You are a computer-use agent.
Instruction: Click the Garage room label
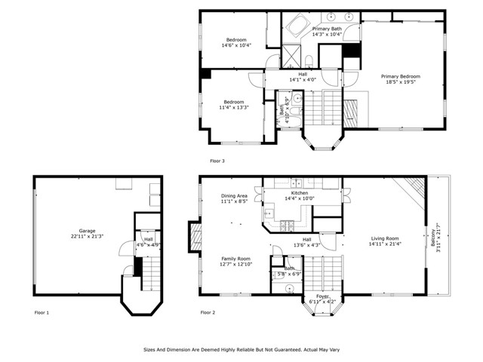coord(88,231)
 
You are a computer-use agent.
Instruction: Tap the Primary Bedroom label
coord(400,76)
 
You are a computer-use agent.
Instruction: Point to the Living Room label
coord(383,238)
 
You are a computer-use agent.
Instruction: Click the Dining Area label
coord(234,195)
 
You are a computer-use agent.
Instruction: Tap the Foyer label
coord(322,296)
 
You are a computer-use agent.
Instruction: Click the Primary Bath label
coord(328,29)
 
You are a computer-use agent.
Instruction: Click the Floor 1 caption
coord(42,311)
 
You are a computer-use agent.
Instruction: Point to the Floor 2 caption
coord(208,311)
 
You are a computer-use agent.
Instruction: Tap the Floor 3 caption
coord(217,161)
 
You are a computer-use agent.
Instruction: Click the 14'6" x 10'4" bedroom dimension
coord(236,46)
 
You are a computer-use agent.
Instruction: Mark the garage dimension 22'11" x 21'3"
coord(88,237)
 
